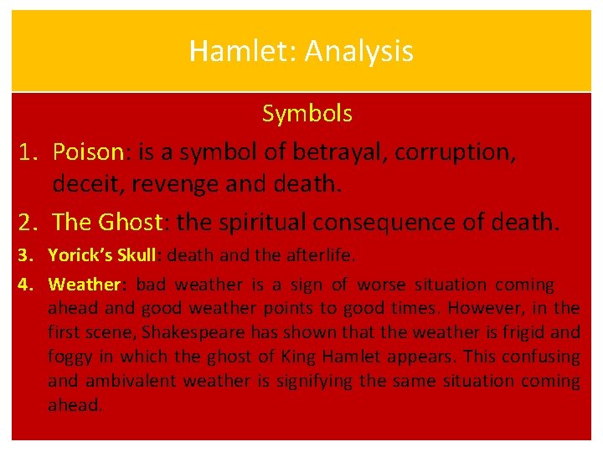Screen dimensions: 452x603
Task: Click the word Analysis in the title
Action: point(358,52)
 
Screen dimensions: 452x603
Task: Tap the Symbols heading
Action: point(307,113)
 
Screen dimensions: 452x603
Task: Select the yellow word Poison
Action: point(88,152)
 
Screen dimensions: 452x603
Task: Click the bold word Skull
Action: point(141,254)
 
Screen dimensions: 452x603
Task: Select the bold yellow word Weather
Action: point(85,285)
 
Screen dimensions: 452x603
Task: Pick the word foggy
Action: point(70,357)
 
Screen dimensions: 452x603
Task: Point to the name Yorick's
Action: point(84,254)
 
